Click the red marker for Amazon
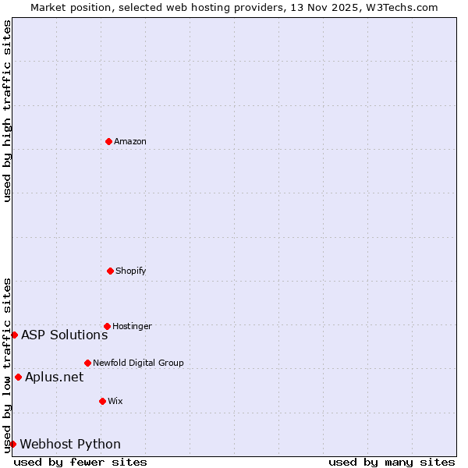[108, 141]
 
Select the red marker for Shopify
[110, 271]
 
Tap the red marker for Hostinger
[107, 326]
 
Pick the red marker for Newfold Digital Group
[87, 363]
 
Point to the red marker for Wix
[102, 401]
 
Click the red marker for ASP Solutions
[14, 335]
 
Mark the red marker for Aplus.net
[18, 377]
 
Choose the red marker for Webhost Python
[12, 444]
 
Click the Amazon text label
[130, 141]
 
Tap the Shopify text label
[131, 271]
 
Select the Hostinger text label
[132, 326]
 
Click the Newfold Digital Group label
[138, 363]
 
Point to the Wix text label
[115, 401]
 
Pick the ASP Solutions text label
[64, 335]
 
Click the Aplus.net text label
[54, 377]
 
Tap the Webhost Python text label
[70, 444]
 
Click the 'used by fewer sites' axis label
[80, 462]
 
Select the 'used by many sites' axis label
[392, 462]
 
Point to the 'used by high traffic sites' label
[7, 112]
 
